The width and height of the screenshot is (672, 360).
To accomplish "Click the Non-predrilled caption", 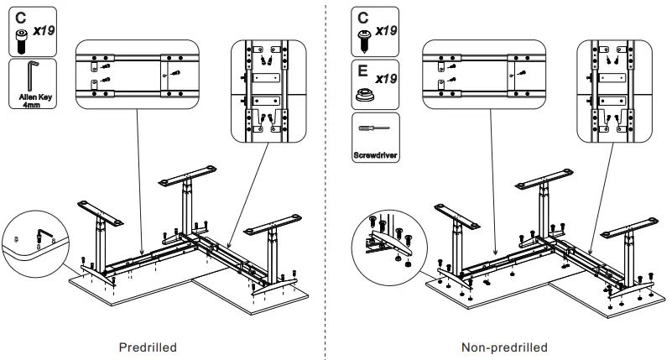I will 504,347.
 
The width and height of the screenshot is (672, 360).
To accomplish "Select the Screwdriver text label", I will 374,155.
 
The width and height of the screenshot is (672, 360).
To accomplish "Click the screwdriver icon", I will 374,132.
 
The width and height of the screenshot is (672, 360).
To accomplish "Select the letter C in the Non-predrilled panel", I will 363,16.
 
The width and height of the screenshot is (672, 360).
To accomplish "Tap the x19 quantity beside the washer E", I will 386,79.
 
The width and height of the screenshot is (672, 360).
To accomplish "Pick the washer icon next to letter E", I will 363,91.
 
